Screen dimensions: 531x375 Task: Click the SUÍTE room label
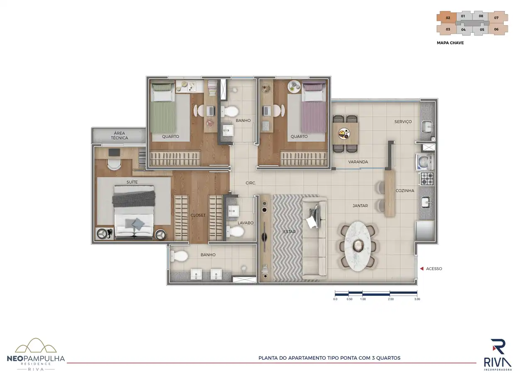pos(132,182)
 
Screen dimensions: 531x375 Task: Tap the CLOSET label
pos(198,215)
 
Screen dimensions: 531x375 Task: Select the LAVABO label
pos(246,223)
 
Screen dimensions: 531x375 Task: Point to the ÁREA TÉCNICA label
pos(119,135)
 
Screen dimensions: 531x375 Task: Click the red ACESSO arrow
pos(421,269)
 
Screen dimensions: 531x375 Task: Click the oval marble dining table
pos(358,246)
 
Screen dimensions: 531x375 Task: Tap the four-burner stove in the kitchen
pos(427,179)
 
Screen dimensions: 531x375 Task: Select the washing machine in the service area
pos(425,162)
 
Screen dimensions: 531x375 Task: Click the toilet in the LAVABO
pos(235,231)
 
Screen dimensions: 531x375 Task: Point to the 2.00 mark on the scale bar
pos(391,299)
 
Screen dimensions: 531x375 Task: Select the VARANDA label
pos(358,162)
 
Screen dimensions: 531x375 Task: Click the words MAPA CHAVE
pos(450,43)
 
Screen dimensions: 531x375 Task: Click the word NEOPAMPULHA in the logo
pos(36,359)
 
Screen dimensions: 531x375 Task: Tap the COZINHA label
pos(405,191)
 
